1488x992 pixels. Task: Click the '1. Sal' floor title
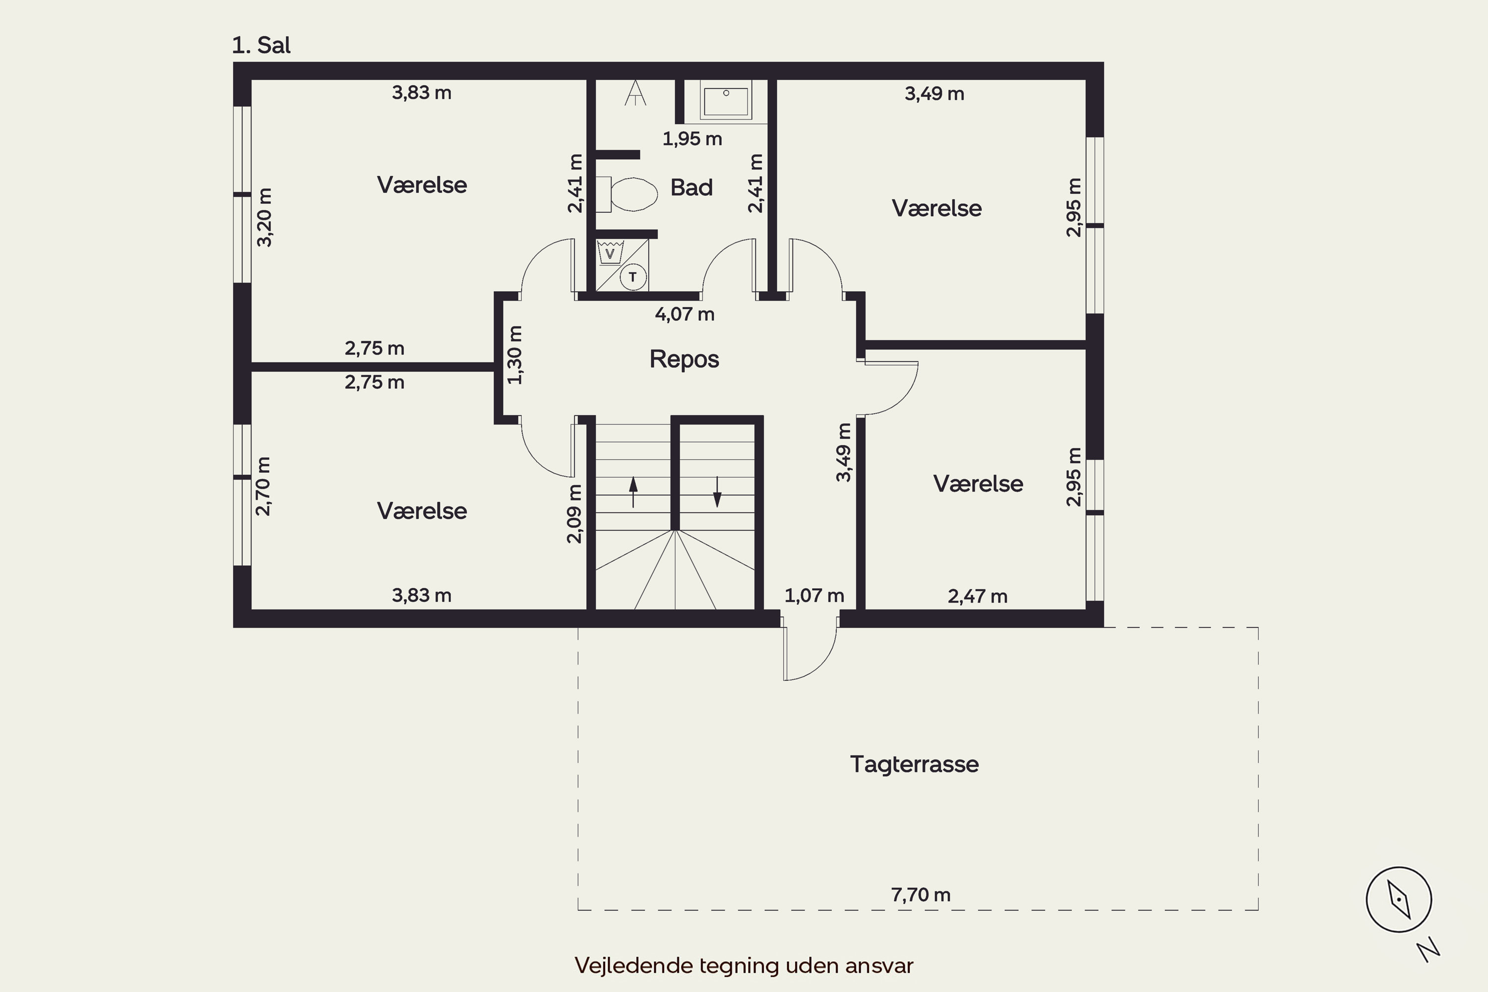(261, 46)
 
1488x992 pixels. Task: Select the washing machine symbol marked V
(610, 252)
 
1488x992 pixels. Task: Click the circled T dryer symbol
(633, 277)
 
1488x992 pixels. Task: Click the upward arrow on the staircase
(633, 492)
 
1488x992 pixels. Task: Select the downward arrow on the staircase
(717, 492)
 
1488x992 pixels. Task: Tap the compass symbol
(1399, 899)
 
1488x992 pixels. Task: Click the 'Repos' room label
(684, 359)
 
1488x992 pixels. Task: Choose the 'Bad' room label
(691, 187)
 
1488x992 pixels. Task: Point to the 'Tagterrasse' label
(914, 764)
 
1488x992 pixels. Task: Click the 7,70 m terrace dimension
(921, 895)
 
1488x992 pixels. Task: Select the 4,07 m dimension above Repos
(684, 314)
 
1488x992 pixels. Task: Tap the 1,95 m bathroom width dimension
(692, 138)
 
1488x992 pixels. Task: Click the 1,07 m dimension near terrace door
(814, 595)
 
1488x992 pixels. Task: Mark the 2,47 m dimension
(978, 596)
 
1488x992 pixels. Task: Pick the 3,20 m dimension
(264, 217)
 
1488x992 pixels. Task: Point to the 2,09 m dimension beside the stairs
(574, 514)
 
